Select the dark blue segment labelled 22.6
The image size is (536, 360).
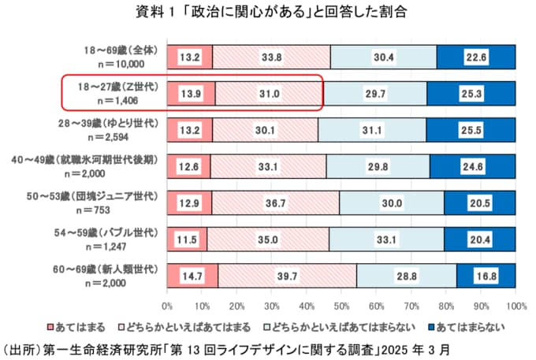click(x=475, y=57)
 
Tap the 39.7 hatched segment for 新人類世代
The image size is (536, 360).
click(x=286, y=275)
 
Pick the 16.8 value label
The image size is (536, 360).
click(x=486, y=275)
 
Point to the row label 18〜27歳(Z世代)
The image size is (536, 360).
click(x=119, y=87)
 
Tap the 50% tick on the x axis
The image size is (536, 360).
click(x=341, y=303)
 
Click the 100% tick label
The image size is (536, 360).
click(x=516, y=303)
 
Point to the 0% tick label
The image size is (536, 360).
click(x=167, y=303)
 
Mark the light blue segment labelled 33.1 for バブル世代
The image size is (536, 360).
click(x=385, y=239)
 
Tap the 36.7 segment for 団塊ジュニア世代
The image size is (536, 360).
click(x=275, y=202)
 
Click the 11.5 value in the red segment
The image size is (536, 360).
click(x=187, y=239)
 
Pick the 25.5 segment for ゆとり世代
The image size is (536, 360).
click(x=471, y=130)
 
